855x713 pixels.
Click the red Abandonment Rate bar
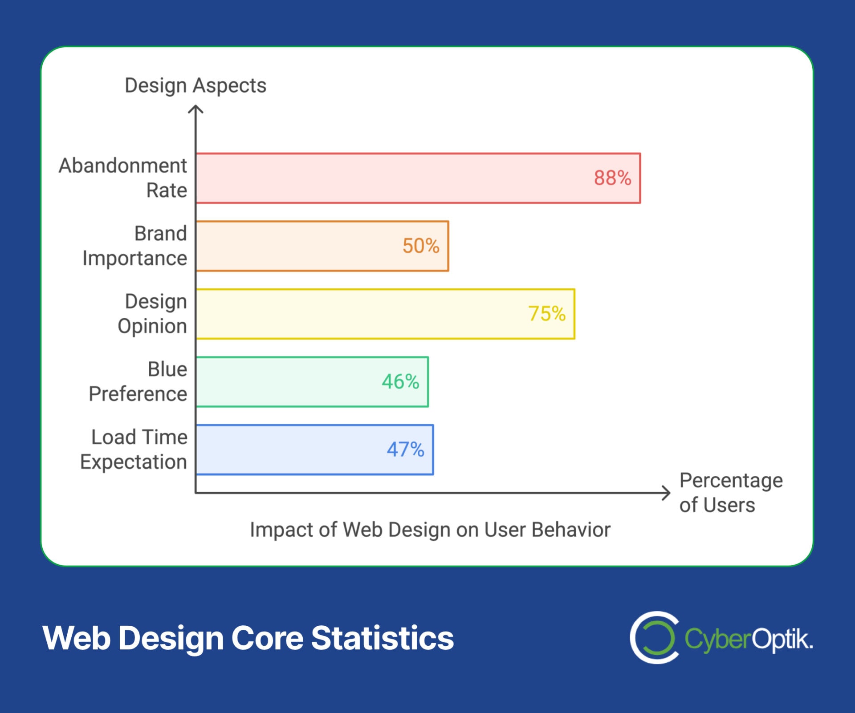[x=392, y=178]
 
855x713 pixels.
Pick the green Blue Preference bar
[x=289, y=382]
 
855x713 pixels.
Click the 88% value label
[x=612, y=178]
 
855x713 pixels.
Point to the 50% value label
[x=421, y=246]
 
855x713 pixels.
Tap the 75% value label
[x=547, y=314]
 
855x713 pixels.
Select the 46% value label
[x=400, y=382]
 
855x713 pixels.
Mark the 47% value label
[x=405, y=450]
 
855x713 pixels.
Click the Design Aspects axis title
[x=195, y=85]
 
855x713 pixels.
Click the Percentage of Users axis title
[x=730, y=493]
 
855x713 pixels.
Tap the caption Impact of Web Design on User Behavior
[x=430, y=530]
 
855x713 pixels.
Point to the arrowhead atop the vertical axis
[x=195, y=109]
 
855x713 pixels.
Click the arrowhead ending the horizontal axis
[x=667, y=493]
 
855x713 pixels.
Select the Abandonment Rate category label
[x=123, y=178]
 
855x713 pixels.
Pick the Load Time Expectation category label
[x=134, y=450]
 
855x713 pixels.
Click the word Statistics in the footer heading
[x=382, y=638]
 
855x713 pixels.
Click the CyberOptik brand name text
[x=748, y=639]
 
